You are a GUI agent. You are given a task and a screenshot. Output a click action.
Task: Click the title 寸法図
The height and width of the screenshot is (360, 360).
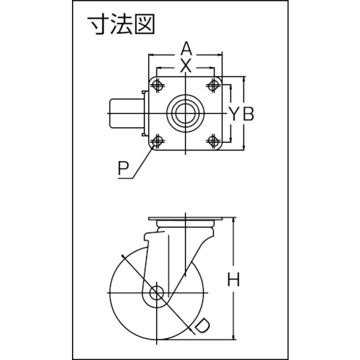[121, 25]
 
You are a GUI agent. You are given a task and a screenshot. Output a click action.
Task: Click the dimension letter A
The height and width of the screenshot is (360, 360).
[186, 50]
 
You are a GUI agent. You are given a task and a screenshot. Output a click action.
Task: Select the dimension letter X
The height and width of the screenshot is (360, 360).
[186, 66]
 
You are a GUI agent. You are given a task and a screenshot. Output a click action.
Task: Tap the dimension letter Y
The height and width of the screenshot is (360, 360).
[234, 114]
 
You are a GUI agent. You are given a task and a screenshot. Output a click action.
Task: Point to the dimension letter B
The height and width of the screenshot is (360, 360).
[248, 114]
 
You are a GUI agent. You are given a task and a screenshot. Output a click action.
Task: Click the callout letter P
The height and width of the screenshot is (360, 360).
[123, 168]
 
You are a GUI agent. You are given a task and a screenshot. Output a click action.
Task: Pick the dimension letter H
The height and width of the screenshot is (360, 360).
[234, 280]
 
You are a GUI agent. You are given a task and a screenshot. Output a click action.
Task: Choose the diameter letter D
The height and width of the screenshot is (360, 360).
[202, 326]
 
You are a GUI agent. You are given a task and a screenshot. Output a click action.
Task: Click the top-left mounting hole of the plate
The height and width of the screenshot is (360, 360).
[157, 85]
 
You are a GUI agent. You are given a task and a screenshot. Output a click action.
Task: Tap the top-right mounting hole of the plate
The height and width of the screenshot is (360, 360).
[212, 85]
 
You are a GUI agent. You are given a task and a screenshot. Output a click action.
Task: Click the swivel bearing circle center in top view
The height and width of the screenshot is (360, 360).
[185, 113]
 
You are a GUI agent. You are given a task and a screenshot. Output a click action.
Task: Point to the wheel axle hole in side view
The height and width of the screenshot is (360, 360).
[156, 293]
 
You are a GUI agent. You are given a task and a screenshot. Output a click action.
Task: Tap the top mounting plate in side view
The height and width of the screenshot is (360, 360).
[185, 219]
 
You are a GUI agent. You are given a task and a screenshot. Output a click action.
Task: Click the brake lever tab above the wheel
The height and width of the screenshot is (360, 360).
[154, 238]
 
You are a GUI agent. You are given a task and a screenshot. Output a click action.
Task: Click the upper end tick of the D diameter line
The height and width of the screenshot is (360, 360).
[123, 256]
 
